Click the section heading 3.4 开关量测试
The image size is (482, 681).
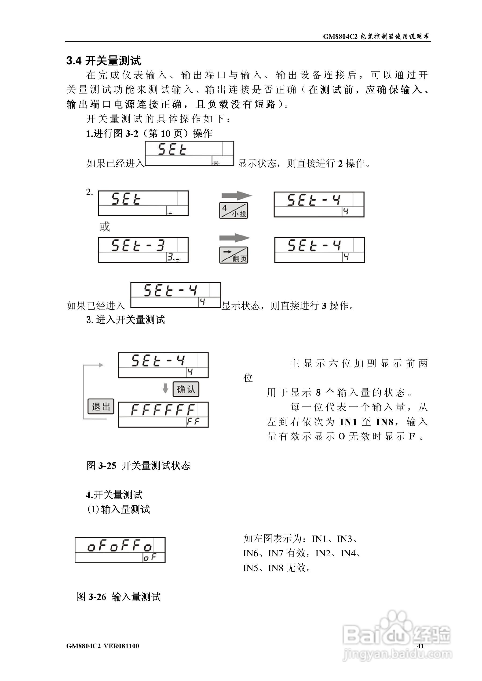click(104, 61)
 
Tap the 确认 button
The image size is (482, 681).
click(186, 389)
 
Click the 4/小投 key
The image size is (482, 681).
click(234, 210)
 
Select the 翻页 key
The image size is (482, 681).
click(234, 255)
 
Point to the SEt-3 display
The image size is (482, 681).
click(143, 250)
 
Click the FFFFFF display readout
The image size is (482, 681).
click(163, 414)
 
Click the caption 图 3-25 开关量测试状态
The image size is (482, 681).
click(138, 465)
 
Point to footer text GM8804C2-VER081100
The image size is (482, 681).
click(103, 646)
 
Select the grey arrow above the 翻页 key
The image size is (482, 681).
click(234, 238)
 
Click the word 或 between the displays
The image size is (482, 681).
click(105, 227)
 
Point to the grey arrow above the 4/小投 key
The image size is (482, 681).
click(237, 196)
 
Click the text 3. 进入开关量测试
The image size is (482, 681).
click(126, 320)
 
